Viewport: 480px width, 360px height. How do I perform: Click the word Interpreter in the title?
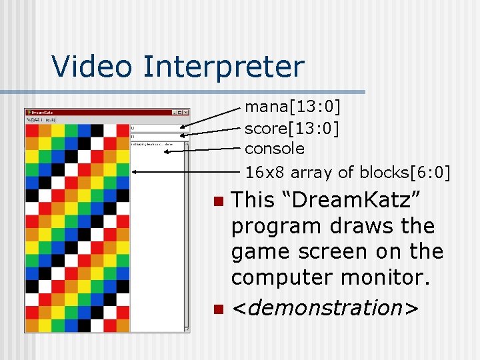coord(223,67)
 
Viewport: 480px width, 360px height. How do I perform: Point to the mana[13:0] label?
coord(293,106)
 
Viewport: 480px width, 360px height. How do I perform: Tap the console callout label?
coord(275,149)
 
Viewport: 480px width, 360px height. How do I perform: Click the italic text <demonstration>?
coord(325,309)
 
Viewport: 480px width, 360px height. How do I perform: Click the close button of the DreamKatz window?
coord(186,113)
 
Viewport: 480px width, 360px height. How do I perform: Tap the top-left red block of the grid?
coord(32,130)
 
